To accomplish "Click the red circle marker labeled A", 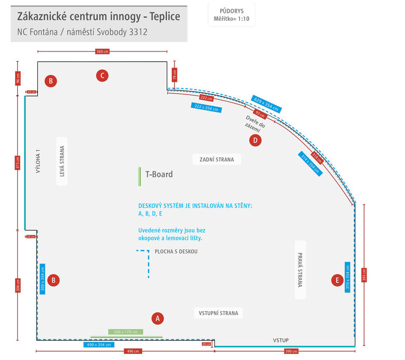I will (x=157, y=318).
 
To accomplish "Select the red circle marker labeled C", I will (x=102, y=76).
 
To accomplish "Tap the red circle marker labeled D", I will (x=254, y=140).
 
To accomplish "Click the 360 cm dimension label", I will (x=102, y=51).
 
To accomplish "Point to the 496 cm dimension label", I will (x=133, y=351).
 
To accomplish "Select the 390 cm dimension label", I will (x=291, y=351).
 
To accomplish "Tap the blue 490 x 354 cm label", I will (x=99, y=344).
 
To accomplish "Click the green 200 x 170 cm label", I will (x=123, y=331).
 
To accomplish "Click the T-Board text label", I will (x=159, y=174).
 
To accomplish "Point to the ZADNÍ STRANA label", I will (x=217, y=159).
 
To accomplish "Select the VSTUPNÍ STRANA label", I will (x=219, y=313).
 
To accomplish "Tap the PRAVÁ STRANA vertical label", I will (x=300, y=270).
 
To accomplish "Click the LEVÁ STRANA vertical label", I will (x=63, y=161).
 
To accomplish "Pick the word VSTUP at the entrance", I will (x=281, y=340).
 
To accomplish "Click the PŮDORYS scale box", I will (x=231, y=15).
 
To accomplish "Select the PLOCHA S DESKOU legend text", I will (x=176, y=252).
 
